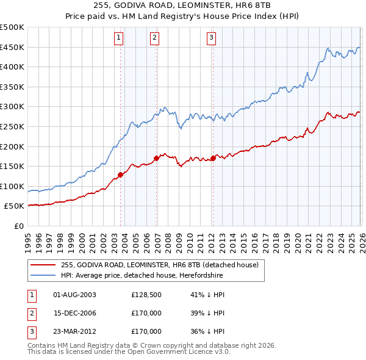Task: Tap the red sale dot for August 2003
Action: (120, 175)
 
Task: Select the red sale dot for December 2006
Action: (157, 158)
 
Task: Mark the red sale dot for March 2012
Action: (213, 158)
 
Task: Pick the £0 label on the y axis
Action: (19, 226)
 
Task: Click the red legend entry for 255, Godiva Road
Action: (160, 265)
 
